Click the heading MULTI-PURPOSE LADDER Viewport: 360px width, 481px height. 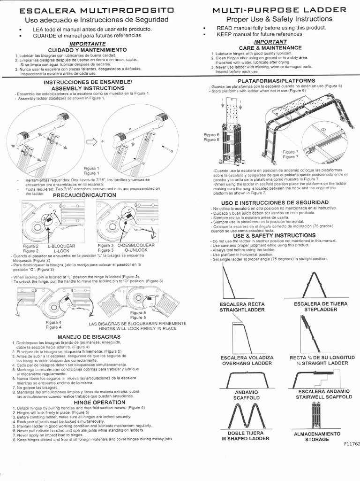(280, 9)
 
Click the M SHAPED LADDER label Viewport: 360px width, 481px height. (246, 438)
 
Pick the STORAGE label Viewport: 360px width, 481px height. (317, 439)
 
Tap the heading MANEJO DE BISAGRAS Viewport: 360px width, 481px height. (89, 337)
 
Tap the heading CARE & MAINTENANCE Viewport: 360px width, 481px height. (270, 48)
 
